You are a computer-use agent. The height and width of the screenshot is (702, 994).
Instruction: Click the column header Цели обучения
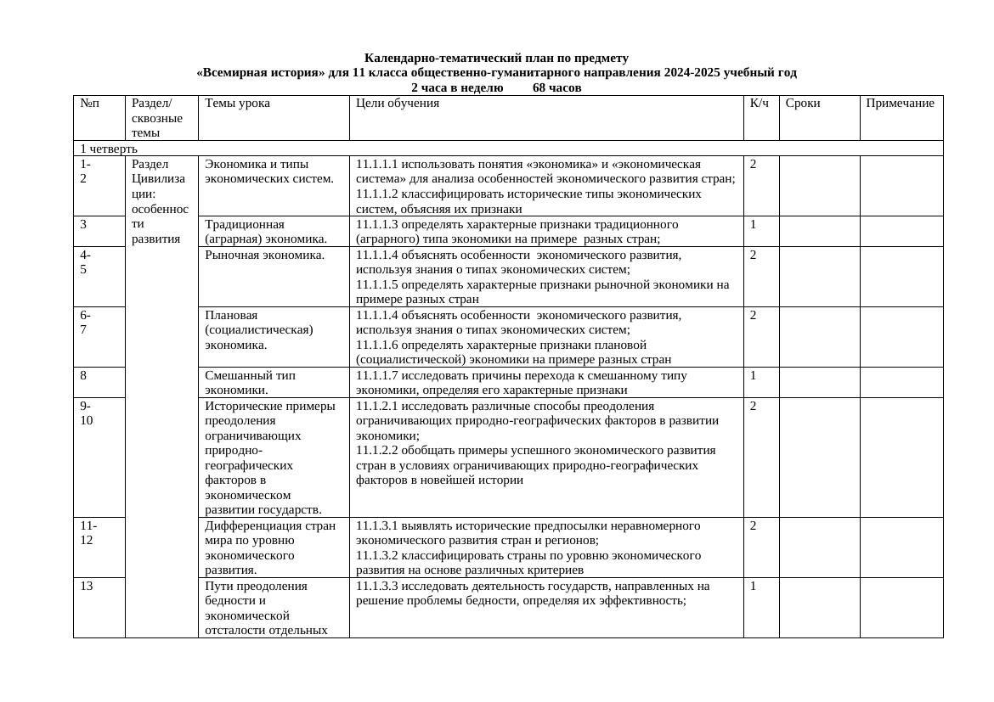[x=397, y=104]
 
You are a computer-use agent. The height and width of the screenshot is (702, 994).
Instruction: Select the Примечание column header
[x=900, y=104]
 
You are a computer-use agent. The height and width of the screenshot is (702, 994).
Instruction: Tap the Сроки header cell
[x=802, y=104]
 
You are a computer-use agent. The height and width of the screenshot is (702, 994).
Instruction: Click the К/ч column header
[x=759, y=104]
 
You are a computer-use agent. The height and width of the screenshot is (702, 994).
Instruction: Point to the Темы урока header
[x=237, y=104]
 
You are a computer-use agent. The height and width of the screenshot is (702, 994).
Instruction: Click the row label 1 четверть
[x=108, y=149]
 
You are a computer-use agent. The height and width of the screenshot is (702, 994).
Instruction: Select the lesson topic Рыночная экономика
[x=264, y=255]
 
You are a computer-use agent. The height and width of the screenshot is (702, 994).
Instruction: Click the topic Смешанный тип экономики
[x=249, y=382]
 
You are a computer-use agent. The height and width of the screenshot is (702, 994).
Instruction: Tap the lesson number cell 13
[x=87, y=586]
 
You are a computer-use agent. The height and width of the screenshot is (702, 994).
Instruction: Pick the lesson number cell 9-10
[x=86, y=413]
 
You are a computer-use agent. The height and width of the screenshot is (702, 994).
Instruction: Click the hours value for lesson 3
[x=753, y=224]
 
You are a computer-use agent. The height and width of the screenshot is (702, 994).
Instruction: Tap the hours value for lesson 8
[x=753, y=375]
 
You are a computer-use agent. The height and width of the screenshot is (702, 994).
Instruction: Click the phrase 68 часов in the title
[x=556, y=87]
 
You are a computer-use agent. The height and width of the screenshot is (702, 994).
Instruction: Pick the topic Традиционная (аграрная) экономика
[x=265, y=231]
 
